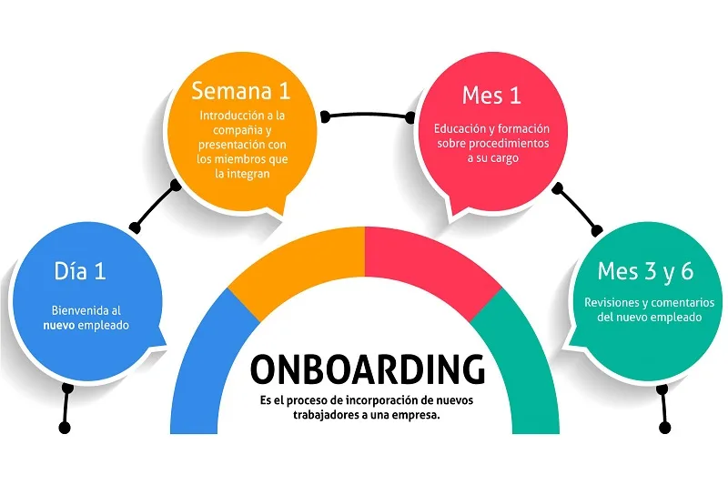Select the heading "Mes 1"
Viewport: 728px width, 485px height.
[490, 94]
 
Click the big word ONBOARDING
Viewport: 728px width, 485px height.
[367, 370]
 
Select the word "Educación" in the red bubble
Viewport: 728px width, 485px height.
[461, 128]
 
